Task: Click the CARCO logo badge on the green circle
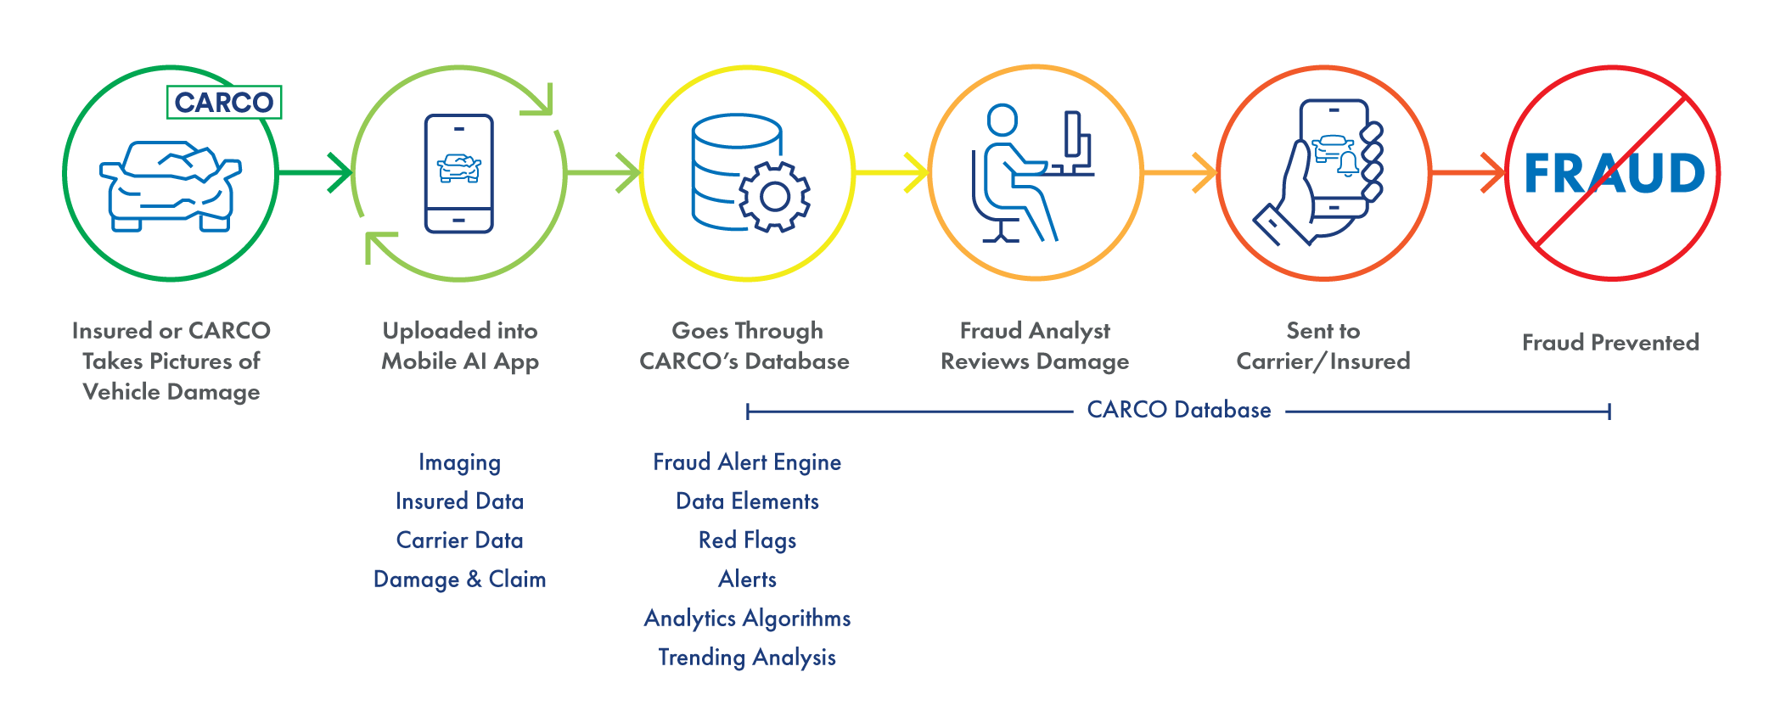pyautogui.click(x=224, y=103)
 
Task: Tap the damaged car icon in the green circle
pyautogui.click(x=171, y=186)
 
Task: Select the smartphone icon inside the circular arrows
pyautogui.click(x=459, y=173)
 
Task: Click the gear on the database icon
pyautogui.click(x=774, y=197)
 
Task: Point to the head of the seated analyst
pyautogui.click(x=1003, y=120)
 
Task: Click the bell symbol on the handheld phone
pyautogui.click(x=1348, y=164)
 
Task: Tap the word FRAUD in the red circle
pyautogui.click(x=1615, y=173)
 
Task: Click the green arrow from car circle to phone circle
pyautogui.click(x=315, y=173)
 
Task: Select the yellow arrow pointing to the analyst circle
pyautogui.click(x=891, y=173)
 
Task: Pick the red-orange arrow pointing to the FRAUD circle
pyautogui.click(x=1469, y=173)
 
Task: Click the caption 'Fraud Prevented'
pyautogui.click(x=1610, y=343)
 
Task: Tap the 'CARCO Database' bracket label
pyautogui.click(x=1179, y=410)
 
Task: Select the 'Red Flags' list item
pyautogui.click(x=747, y=540)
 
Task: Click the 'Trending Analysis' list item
pyautogui.click(x=747, y=658)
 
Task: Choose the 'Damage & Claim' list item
pyautogui.click(x=459, y=580)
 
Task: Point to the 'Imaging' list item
pyautogui.click(x=459, y=462)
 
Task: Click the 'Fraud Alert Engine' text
pyautogui.click(x=747, y=462)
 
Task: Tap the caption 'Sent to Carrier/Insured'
pyautogui.click(x=1323, y=346)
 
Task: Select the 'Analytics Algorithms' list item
pyautogui.click(x=747, y=619)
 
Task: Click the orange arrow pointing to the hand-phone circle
pyautogui.click(x=1180, y=173)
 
